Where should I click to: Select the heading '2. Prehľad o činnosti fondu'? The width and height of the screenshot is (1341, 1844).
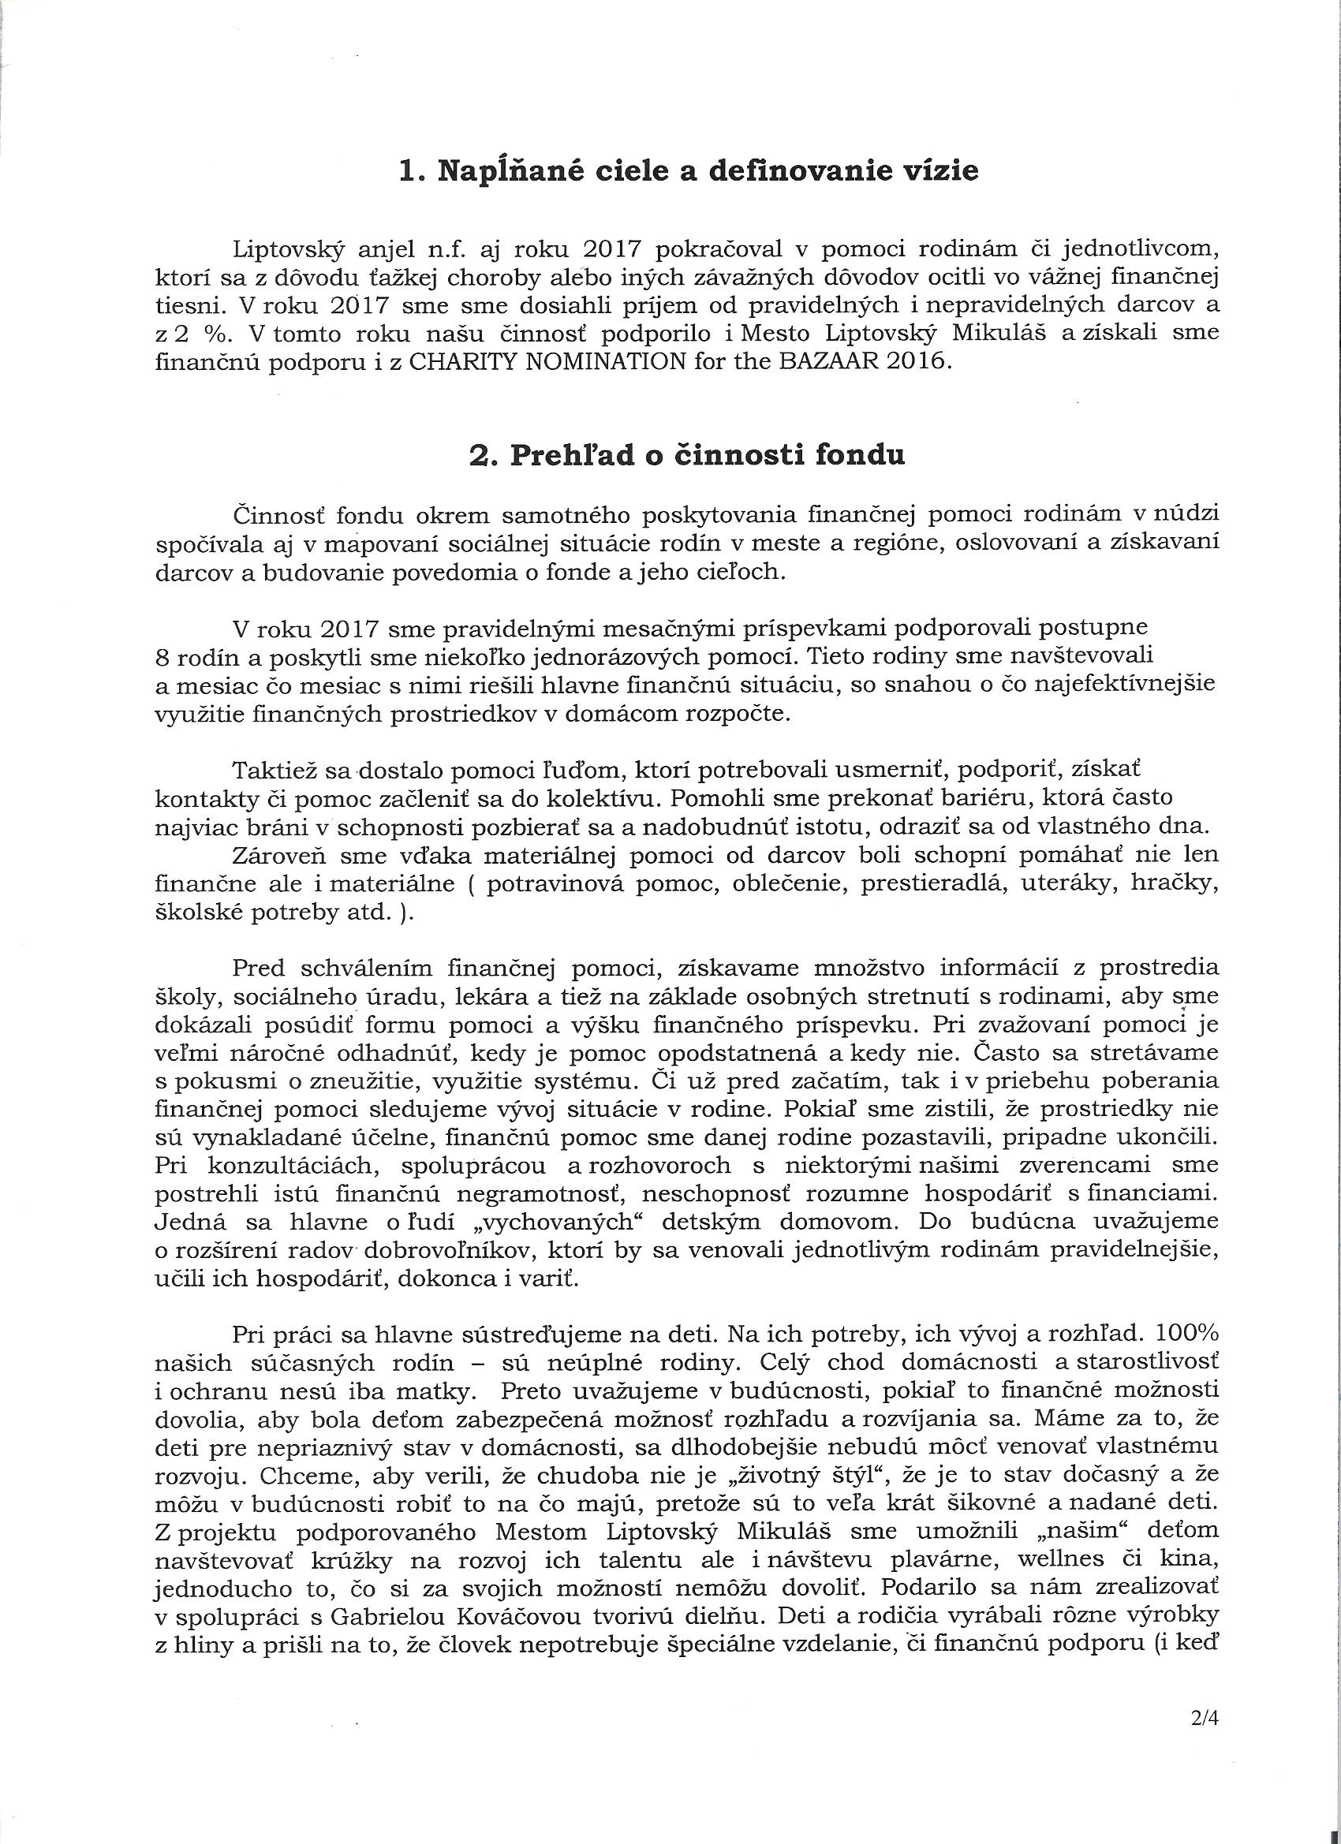click(687, 455)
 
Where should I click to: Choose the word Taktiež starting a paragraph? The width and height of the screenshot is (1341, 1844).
click(277, 769)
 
